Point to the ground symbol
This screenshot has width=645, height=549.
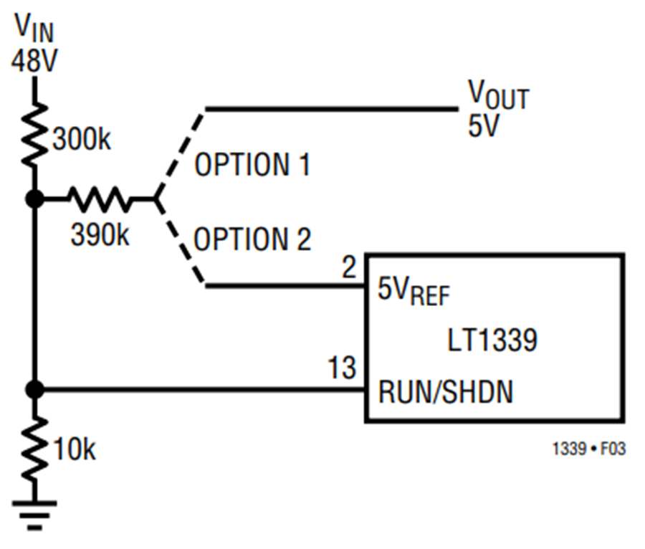[34, 515]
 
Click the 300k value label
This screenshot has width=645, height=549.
[82, 139]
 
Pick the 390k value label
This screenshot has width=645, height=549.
[100, 235]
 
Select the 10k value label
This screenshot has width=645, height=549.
[75, 449]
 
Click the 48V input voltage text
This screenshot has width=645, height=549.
[34, 61]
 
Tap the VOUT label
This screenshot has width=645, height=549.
[498, 95]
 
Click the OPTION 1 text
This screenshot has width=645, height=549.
[252, 165]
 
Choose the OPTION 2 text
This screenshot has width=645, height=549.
[252, 239]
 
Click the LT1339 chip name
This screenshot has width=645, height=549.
[492, 340]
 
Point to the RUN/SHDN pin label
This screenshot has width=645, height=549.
[446, 391]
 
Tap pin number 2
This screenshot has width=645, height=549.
[349, 267]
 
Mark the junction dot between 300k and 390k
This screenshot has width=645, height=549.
[34, 199]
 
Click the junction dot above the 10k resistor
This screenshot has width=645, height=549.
[34, 388]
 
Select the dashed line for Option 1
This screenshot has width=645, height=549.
[180, 154]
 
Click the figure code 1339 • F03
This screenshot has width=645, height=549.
[588, 449]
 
